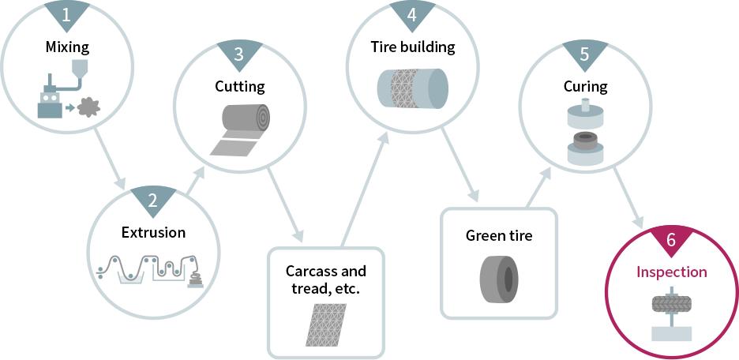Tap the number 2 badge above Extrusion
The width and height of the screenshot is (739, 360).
[x=153, y=200]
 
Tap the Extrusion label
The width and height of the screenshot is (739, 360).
[x=153, y=232]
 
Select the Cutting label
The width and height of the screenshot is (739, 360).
[x=240, y=86]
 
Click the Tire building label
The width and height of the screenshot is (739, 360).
[x=413, y=47]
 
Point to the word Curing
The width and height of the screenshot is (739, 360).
[x=585, y=85]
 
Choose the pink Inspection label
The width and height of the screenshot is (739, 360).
[x=672, y=272]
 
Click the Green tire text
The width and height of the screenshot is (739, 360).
[x=499, y=235]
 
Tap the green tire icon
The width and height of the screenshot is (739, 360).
[x=499, y=278]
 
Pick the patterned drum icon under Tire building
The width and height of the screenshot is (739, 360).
[x=412, y=88]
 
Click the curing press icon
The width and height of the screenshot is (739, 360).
[x=585, y=134]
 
